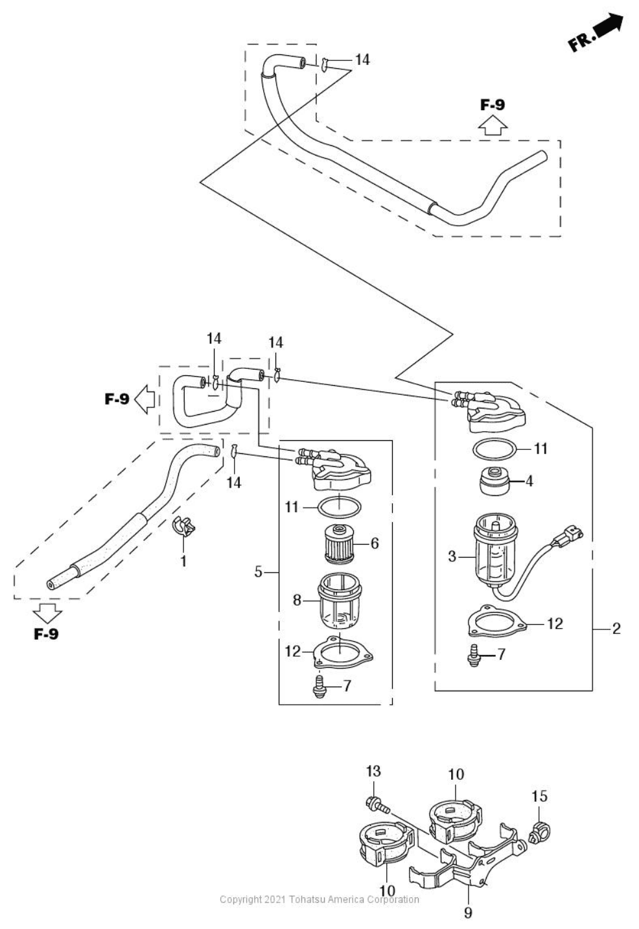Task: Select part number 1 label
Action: coord(183,561)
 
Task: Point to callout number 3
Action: coord(452,556)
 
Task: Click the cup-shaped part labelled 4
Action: coord(494,480)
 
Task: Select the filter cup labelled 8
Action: coord(337,603)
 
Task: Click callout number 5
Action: coord(258,572)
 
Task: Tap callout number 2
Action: coord(616,628)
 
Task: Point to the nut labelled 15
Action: coord(539,829)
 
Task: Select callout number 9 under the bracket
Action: coord(468,912)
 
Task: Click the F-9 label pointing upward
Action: coord(493,104)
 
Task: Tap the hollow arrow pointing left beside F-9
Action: coord(143,399)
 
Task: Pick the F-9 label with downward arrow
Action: coord(46,633)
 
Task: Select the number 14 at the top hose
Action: coord(362,60)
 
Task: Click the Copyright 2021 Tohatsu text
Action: coord(319,899)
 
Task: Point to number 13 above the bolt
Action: coord(373,771)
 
